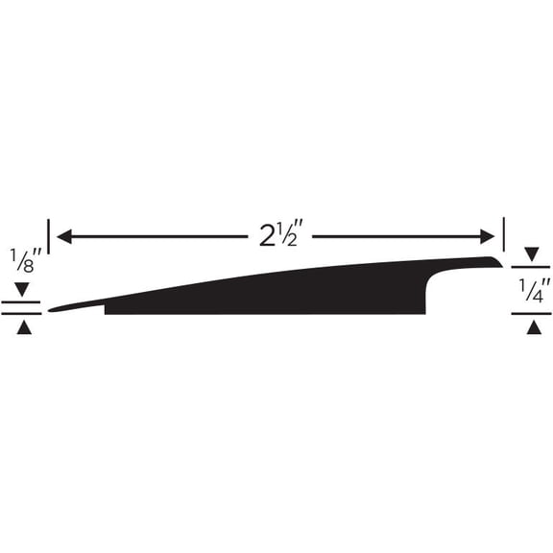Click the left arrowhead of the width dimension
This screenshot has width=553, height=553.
coord(63,235)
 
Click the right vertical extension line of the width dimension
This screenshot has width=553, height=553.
coord(503,235)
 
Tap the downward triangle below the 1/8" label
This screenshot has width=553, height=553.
coord(23,288)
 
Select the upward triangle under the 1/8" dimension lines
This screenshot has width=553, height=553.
coord(23,327)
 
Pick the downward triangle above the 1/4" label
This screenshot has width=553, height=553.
coord(532,254)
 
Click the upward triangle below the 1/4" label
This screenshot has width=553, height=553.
coord(532,327)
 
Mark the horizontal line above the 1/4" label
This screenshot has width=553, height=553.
coord(531,268)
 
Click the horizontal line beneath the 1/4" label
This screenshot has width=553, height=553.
coord(531,314)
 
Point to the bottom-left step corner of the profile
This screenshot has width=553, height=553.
coord(106,312)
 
